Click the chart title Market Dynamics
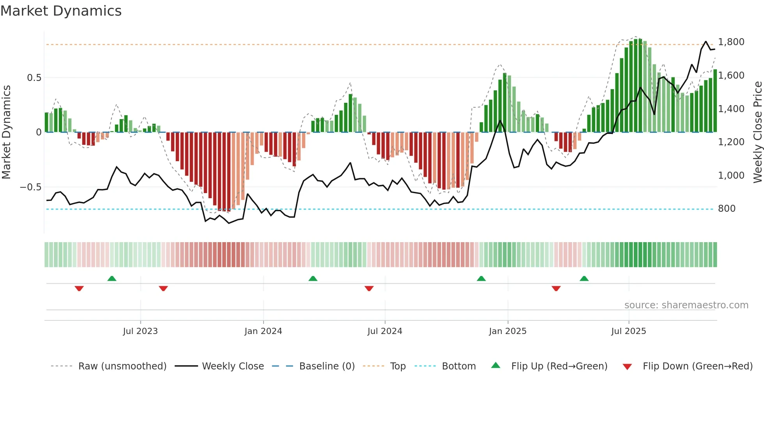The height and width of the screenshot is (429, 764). point(61,11)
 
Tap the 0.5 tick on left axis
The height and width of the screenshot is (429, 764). point(34,78)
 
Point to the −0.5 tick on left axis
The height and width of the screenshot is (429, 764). point(30,187)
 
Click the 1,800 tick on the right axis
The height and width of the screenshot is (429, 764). point(731,42)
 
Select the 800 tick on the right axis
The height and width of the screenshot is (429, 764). point(727,209)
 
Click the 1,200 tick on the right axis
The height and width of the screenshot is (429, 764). point(731,142)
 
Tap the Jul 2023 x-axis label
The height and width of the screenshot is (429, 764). point(140,331)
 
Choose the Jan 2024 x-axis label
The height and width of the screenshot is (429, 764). point(263,331)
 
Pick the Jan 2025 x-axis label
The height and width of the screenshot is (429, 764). point(508,331)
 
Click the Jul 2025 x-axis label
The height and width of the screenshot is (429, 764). point(628,331)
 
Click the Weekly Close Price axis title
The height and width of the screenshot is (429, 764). point(757,132)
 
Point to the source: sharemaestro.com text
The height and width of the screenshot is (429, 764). point(686,305)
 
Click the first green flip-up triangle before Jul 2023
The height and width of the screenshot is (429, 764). point(112,278)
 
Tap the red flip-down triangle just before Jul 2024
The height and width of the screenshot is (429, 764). point(369,288)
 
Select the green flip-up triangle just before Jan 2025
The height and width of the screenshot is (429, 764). point(481,278)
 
